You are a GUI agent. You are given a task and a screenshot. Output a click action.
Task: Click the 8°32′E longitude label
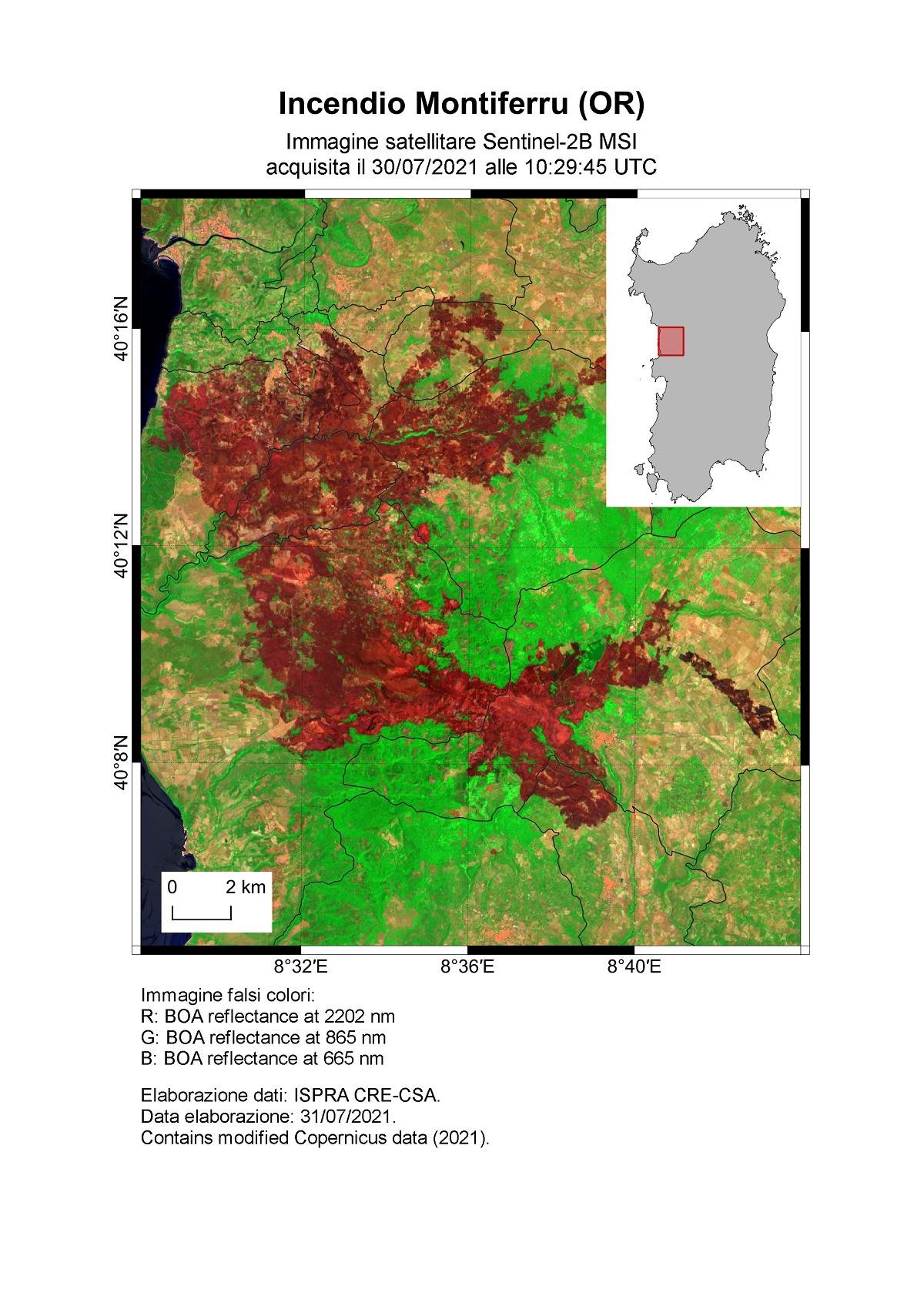click(300, 967)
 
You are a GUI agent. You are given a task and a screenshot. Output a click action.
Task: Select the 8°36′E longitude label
click(467, 967)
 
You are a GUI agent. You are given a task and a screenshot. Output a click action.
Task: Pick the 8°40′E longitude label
click(634, 967)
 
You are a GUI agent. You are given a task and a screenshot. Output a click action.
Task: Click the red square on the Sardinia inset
click(671, 341)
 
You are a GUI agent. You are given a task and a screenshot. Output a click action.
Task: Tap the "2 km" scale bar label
click(246, 887)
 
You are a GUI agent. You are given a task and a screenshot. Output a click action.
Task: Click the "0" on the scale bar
click(172, 887)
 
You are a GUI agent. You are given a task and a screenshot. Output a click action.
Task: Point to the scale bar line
click(202, 918)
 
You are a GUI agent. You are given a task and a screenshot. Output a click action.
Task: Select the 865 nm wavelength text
click(355, 1038)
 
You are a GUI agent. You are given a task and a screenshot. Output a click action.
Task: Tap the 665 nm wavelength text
click(353, 1059)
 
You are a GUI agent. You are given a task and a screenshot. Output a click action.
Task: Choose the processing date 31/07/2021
click(346, 1117)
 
